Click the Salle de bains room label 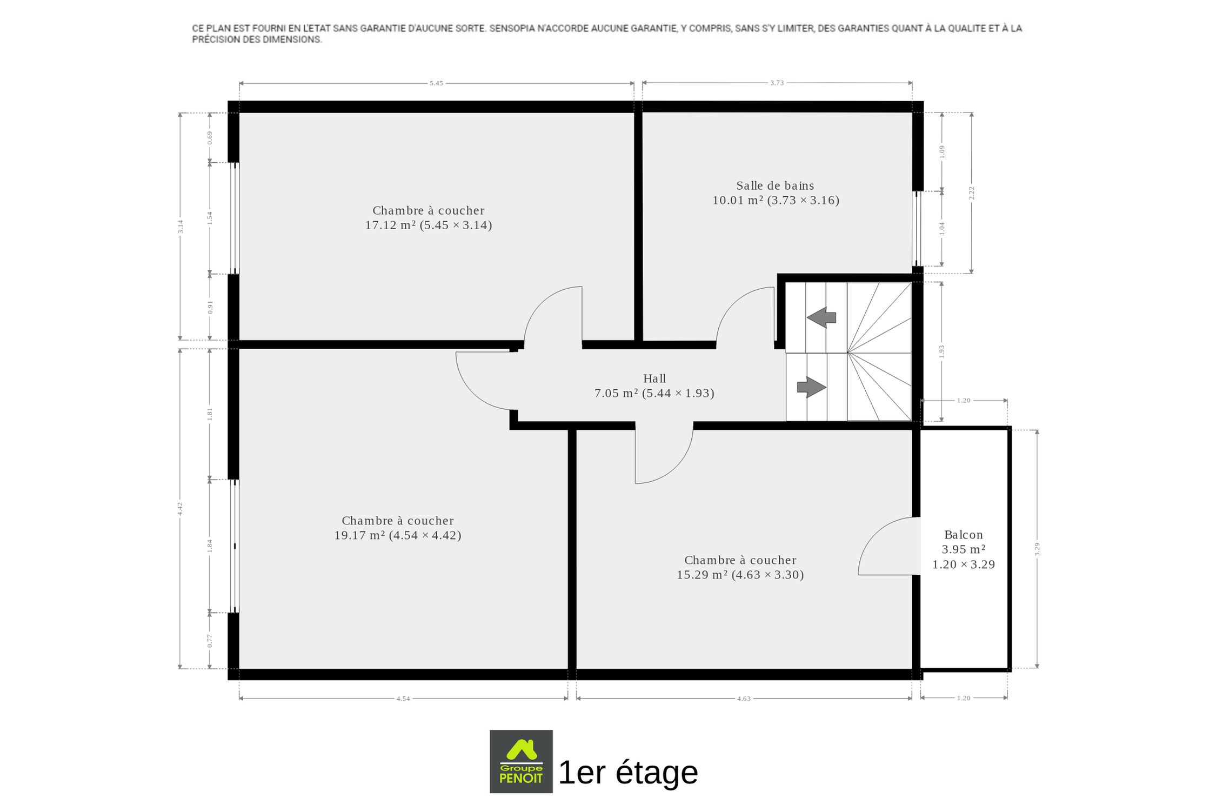point(775,185)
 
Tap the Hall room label point(654,378)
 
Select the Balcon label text point(963,535)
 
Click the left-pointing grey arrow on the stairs point(821,317)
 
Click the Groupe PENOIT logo point(521,761)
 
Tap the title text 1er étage point(628,772)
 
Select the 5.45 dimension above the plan point(436,83)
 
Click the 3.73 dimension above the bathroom point(777,83)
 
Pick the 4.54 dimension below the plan point(403,699)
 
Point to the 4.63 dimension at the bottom point(744,699)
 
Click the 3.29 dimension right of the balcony point(1037,549)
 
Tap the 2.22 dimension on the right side point(971,193)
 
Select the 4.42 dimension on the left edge point(181,509)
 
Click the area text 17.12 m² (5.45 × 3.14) point(429,225)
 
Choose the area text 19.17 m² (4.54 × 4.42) point(398,535)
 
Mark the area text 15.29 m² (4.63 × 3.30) point(740,575)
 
